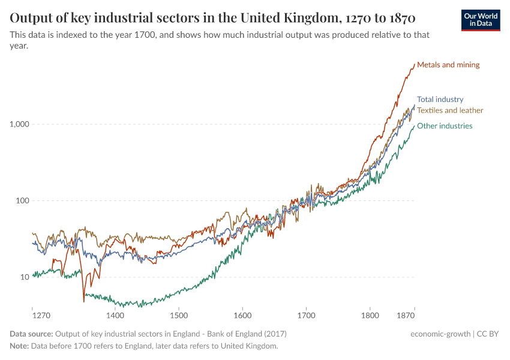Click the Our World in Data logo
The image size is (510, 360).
[481, 20]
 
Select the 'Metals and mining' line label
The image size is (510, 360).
[448, 65]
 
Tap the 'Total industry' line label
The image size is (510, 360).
[440, 100]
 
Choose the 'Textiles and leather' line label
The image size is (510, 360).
[450, 110]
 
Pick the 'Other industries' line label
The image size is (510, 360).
[445, 126]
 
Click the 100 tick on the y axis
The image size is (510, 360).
[22, 201]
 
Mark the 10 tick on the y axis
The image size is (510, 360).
[24, 277]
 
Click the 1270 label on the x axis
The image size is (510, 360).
[41, 315]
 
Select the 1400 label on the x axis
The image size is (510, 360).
[115, 315]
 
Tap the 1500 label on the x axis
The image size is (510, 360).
[179, 315]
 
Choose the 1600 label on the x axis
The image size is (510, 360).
[242, 315]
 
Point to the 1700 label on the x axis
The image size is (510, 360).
[306, 315]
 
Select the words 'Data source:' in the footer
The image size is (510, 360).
[31, 334]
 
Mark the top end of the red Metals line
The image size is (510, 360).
[414, 64]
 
